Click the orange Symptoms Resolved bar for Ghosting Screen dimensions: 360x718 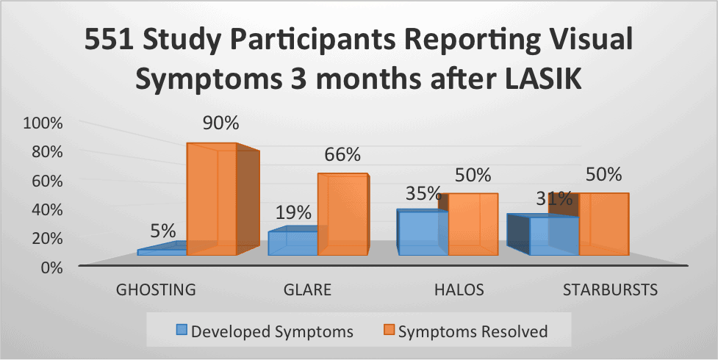211,200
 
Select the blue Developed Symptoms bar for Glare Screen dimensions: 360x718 292,243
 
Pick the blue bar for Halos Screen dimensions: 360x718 422,233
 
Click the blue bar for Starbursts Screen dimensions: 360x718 553,236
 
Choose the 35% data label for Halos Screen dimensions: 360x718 424,194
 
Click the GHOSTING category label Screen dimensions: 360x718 156,289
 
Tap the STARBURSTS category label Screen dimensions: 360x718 609,289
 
